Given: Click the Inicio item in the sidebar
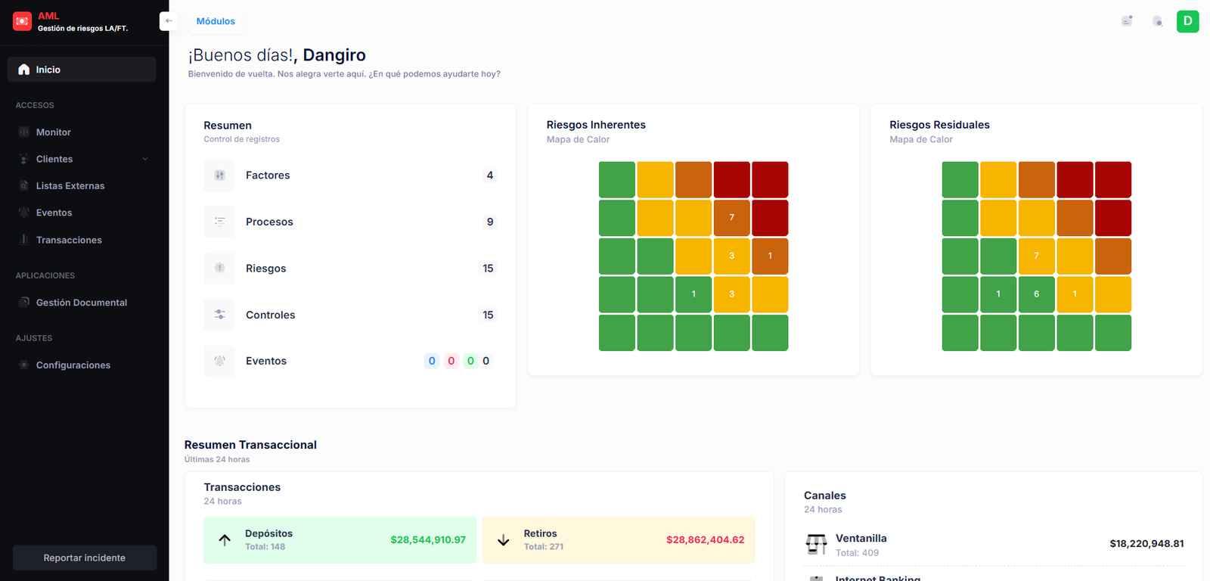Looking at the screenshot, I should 48,70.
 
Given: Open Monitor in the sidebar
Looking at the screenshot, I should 53,132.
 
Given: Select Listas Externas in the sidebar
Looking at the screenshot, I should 70,186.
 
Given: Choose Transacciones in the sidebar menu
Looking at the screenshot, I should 68,240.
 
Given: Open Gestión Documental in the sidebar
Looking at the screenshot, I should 81,303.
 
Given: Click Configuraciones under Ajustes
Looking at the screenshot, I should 73,365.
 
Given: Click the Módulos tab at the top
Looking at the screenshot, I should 216,21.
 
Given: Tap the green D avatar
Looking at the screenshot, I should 1187,21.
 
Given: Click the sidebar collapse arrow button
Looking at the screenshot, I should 169,21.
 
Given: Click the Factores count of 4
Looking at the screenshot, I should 490,176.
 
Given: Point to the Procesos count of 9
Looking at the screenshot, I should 490,222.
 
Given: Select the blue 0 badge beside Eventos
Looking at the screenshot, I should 432,361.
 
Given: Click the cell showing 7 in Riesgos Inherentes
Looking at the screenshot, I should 731,218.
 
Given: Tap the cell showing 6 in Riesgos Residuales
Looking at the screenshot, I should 1036,294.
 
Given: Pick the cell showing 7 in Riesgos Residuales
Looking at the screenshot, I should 1036,256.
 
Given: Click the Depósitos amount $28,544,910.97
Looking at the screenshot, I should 428,540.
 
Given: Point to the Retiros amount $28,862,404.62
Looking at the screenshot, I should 705,540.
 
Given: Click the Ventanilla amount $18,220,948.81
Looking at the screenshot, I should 1146,544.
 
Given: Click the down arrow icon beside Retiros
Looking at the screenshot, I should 503,540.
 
